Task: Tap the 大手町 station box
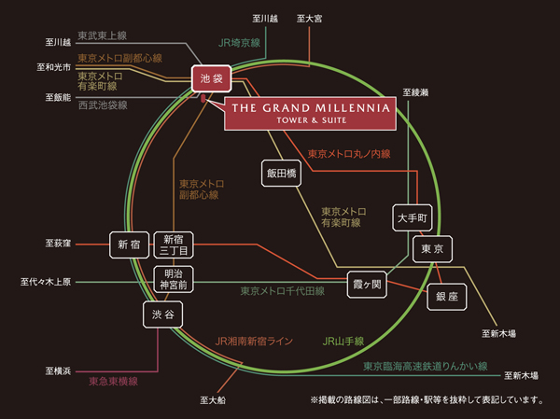[x=411, y=219]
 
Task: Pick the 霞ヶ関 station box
[x=367, y=282]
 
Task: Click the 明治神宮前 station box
[x=174, y=278]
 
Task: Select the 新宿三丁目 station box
[x=174, y=244]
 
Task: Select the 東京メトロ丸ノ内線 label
[x=347, y=153]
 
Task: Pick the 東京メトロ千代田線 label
[x=282, y=291]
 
